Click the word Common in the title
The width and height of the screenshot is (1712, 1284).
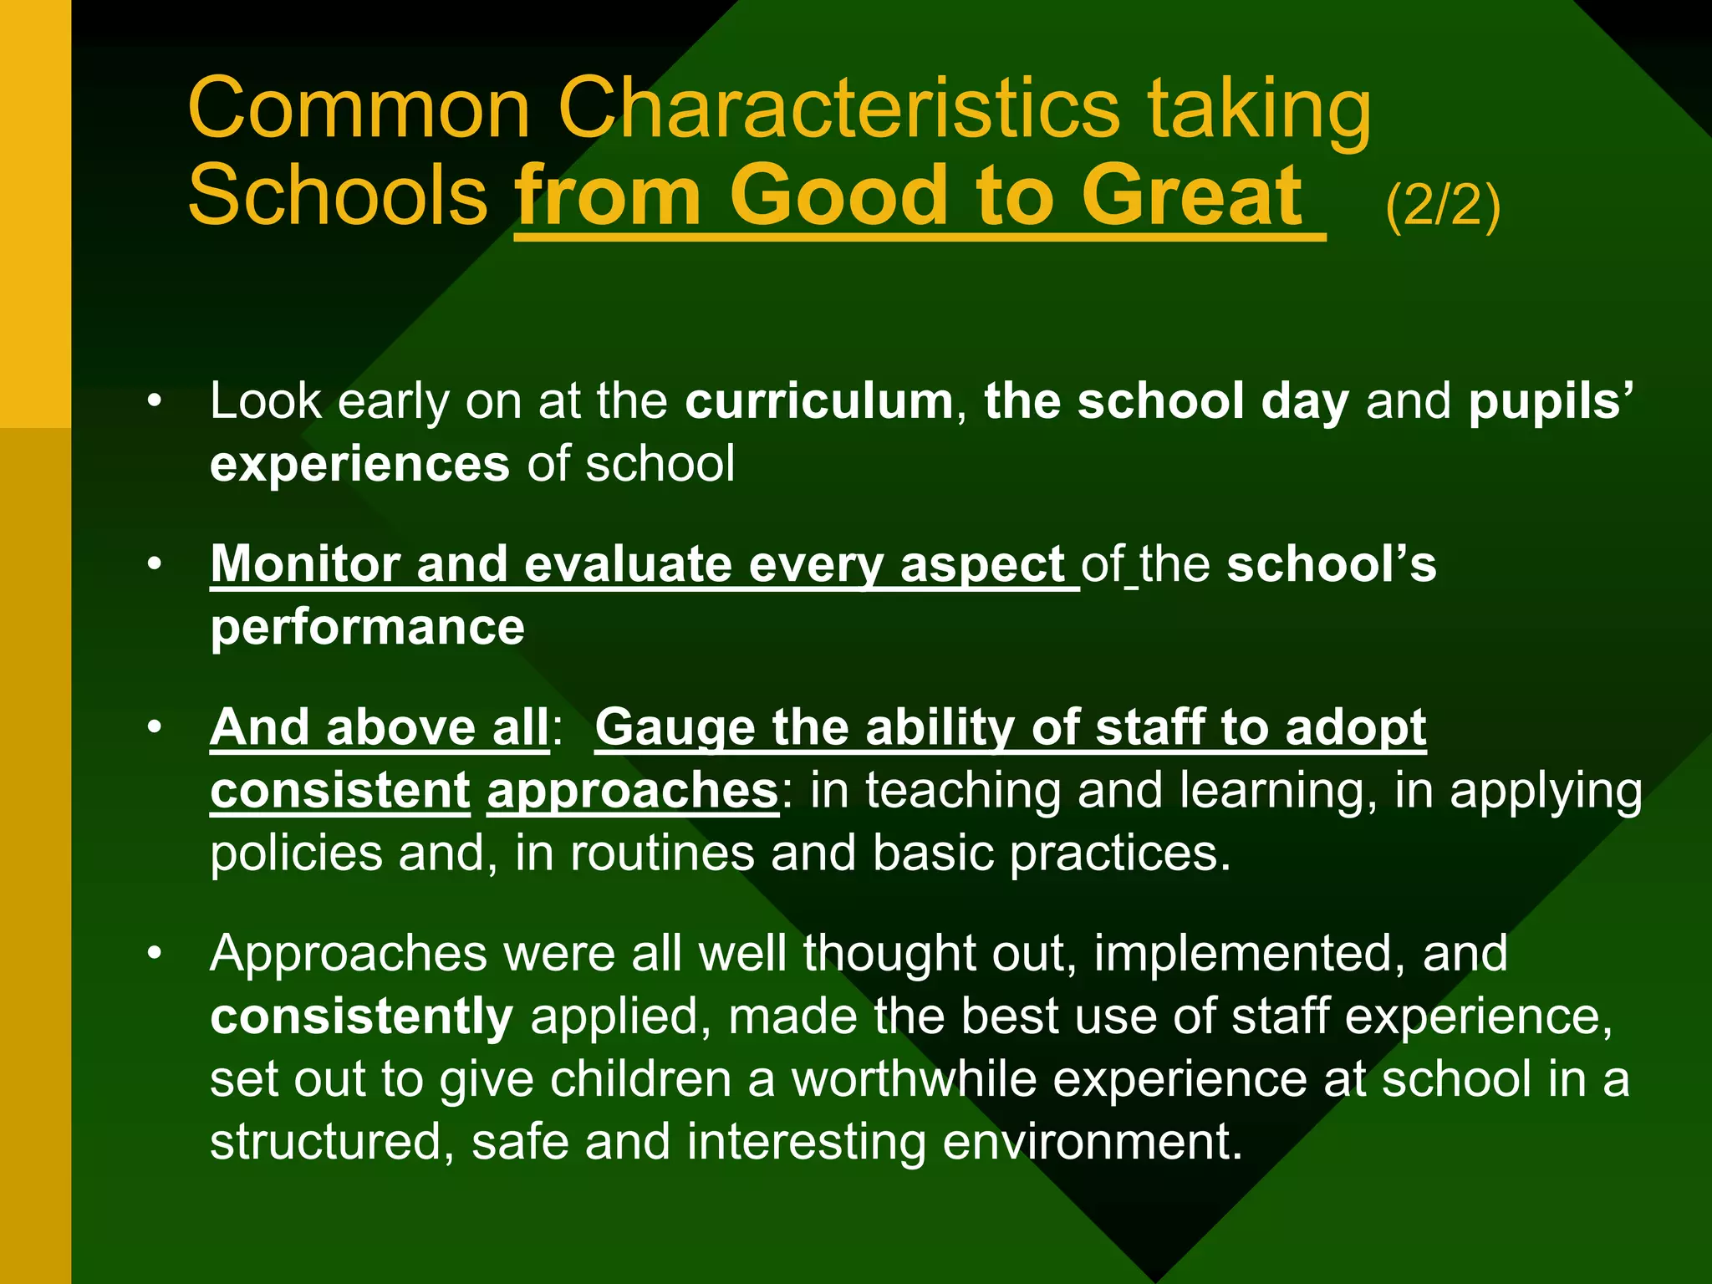pos(359,109)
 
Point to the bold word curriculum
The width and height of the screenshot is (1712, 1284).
pos(818,401)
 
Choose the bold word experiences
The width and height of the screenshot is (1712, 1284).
pos(359,464)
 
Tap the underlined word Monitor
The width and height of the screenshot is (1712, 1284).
pos(304,564)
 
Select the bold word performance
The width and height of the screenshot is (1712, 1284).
pos(367,627)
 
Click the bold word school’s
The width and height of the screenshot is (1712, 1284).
pos(1331,564)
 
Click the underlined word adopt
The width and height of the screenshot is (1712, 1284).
pos(1355,728)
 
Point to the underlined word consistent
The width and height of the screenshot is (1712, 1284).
pos(340,791)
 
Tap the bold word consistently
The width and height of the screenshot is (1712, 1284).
pos(361,1016)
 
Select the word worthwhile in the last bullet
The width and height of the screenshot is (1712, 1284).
pos(914,1079)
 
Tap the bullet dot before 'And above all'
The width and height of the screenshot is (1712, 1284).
pos(154,728)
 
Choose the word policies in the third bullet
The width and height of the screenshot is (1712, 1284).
pos(296,853)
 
